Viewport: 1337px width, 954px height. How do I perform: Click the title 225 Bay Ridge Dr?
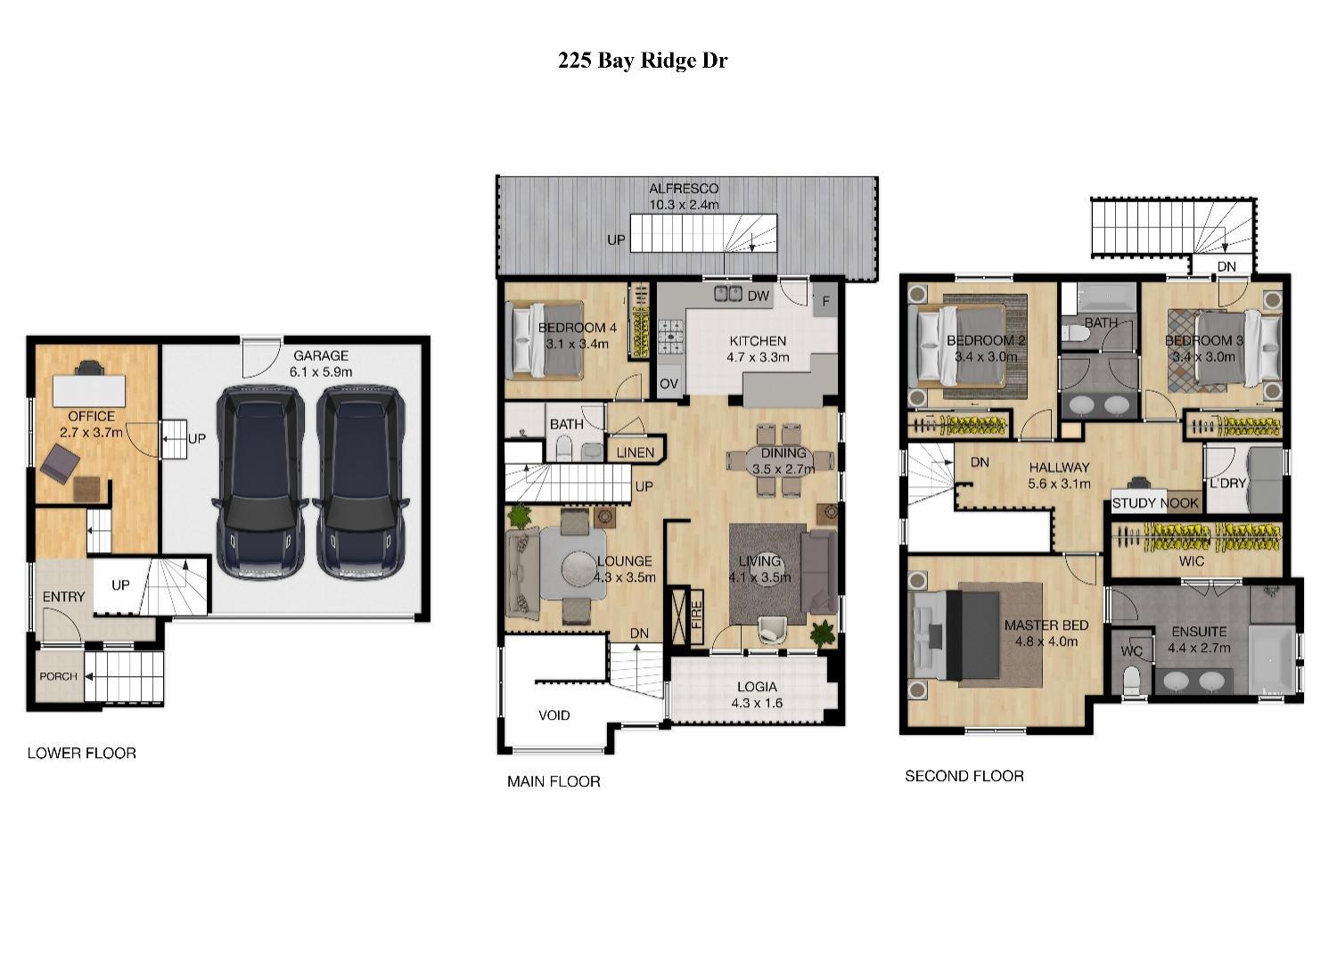click(x=642, y=61)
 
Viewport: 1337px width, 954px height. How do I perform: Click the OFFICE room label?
click(x=92, y=416)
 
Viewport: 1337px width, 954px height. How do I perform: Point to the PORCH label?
click(x=58, y=676)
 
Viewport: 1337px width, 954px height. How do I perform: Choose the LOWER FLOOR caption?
click(x=82, y=753)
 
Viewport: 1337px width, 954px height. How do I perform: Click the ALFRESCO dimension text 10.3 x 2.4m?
click(x=684, y=204)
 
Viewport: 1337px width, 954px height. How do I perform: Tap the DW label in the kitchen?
click(x=758, y=297)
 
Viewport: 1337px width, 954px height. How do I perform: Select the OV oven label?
click(x=668, y=384)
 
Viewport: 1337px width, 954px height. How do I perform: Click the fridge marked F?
click(x=825, y=301)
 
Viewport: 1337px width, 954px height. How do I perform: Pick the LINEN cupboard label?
click(x=636, y=453)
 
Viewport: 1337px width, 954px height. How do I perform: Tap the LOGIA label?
click(x=757, y=687)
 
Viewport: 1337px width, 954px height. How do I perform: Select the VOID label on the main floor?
click(x=554, y=715)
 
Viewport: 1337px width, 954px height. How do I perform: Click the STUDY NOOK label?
click(x=1155, y=503)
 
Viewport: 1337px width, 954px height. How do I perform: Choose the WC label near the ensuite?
click(x=1131, y=651)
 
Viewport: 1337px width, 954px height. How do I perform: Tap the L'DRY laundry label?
click(x=1227, y=484)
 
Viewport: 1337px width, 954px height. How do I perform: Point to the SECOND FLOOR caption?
click(x=964, y=776)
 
